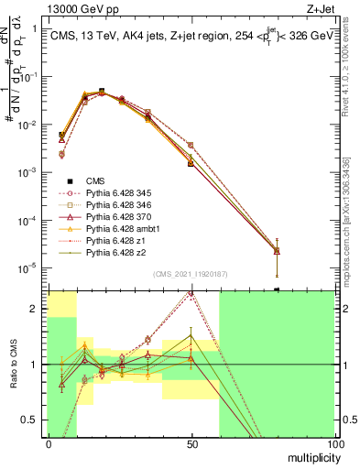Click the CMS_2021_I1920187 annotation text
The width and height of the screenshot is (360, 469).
pyautogui.click(x=190, y=273)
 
